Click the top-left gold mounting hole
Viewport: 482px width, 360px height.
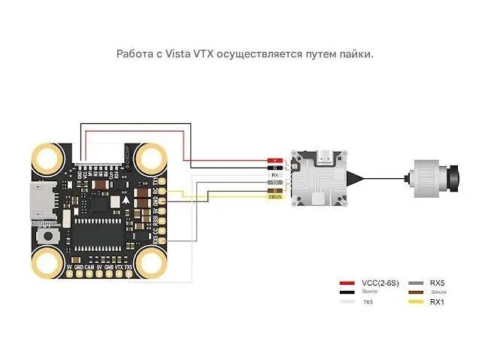click(x=47, y=159)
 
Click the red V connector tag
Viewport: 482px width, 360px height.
click(x=276, y=160)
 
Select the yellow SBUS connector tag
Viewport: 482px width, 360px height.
click(x=276, y=198)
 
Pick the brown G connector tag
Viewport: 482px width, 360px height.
click(x=276, y=190)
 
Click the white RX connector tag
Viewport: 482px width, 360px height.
click(x=276, y=175)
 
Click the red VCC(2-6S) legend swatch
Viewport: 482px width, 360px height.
click(x=347, y=282)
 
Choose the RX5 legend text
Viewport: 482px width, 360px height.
click(x=437, y=282)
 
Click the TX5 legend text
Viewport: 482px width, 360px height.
click(x=368, y=301)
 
